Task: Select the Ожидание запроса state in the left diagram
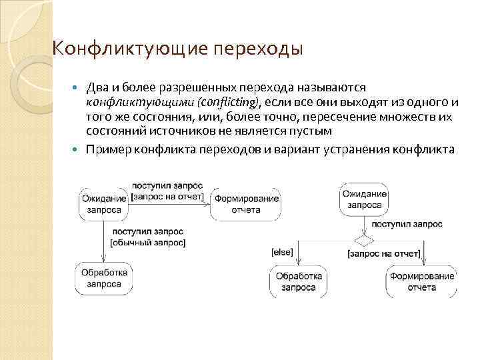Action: point(104,204)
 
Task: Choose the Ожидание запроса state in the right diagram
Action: point(364,199)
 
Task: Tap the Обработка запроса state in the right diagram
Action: point(299,281)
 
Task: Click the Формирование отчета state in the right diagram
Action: point(423,281)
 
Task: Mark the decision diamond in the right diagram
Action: point(363,237)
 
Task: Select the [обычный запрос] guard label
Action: point(147,242)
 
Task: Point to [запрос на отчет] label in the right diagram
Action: point(383,253)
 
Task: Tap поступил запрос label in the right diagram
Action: point(407,225)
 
